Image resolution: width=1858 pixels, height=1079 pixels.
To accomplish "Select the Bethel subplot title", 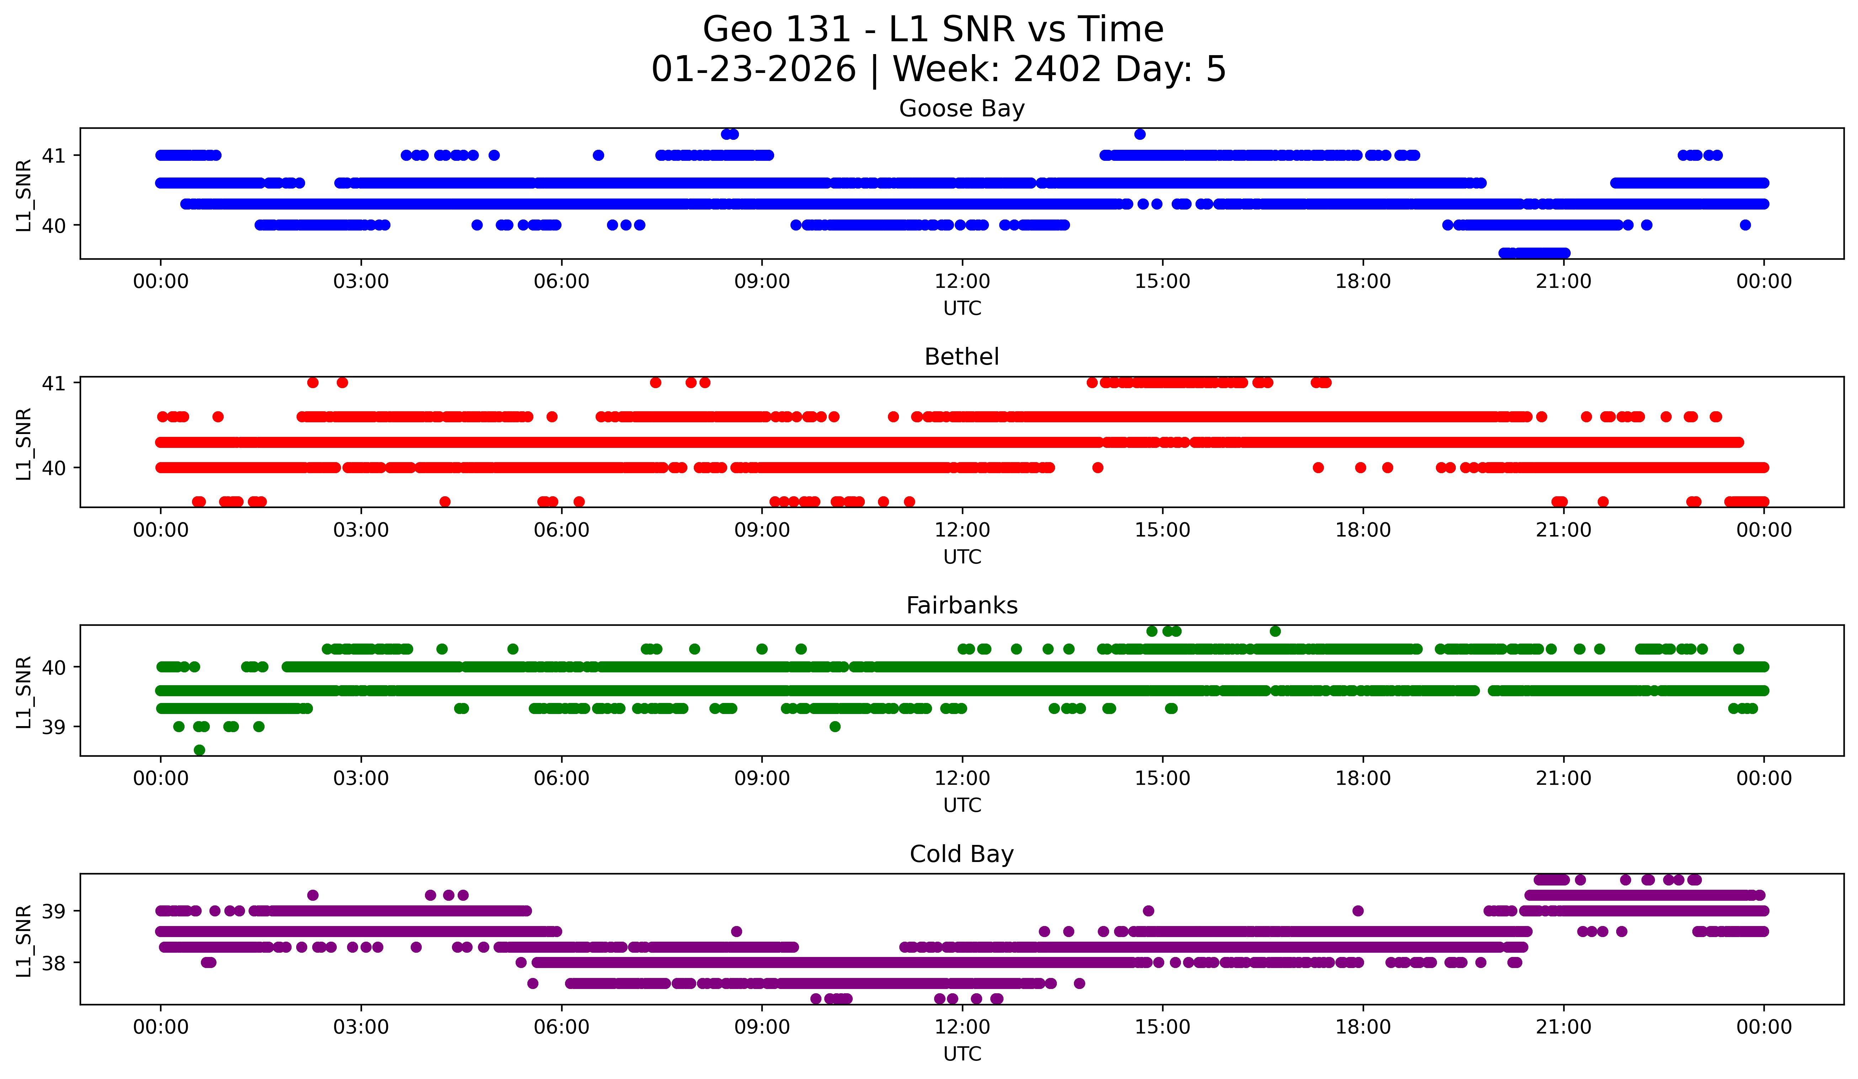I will pyautogui.click(x=962, y=357).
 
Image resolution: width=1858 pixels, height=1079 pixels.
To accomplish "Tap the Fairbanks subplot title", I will pyautogui.click(x=962, y=605).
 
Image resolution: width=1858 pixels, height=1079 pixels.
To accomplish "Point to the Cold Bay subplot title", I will pyautogui.click(x=962, y=854).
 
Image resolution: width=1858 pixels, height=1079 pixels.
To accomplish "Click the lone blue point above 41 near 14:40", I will pyautogui.click(x=1140, y=134).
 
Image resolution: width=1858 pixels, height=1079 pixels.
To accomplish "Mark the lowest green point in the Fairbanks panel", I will pyautogui.click(x=199, y=750).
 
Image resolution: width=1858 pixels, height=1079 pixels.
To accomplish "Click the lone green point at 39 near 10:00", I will pyautogui.click(x=835, y=726).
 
